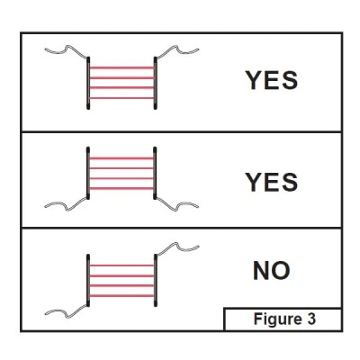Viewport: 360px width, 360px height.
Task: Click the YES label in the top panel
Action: point(272,80)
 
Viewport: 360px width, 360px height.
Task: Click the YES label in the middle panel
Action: point(272,182)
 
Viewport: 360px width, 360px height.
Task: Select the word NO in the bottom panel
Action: point(272,271)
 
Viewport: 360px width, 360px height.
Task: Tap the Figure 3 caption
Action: point(284,319)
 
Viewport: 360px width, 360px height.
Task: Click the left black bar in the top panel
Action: point(88,83)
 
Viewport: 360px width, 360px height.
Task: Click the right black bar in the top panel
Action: point(155,83)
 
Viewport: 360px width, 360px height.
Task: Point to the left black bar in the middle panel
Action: point(88,173)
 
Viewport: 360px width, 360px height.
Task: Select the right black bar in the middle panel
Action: point(155,173)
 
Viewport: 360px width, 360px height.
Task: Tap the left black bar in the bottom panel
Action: point(88,280)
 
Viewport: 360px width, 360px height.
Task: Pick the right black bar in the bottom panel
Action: point(156,280)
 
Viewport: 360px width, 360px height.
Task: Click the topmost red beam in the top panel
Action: point(121,67)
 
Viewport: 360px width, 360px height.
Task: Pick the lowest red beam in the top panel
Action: point(121,98)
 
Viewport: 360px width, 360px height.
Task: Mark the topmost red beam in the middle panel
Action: point(121,158)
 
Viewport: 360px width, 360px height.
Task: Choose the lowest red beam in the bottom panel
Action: point(121,296)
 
